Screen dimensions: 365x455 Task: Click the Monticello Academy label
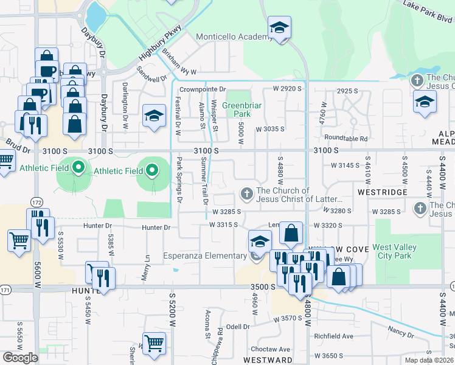234,37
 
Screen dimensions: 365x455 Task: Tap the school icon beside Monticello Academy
279,28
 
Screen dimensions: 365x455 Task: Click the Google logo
20,358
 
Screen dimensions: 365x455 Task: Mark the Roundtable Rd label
346,138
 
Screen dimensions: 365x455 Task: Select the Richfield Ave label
333,336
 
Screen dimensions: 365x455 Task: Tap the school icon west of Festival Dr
154,116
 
